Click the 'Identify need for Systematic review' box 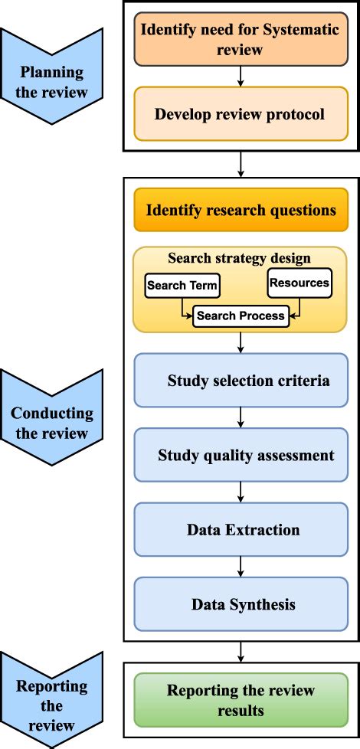[241, 39]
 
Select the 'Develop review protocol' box [241, 114]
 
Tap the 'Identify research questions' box [241, 210]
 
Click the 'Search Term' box [182, 286]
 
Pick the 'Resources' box [299, 283]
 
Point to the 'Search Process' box [240, 315]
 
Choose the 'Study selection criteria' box [241, 380]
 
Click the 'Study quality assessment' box [241, 455]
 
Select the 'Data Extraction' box [241, 530]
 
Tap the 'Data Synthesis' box [241, 604]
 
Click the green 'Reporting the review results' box [241, 700]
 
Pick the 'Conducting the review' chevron [51, 423]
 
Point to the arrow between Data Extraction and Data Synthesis [241, 567]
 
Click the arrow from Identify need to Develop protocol [241, 77]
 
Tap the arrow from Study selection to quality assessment [241, 417]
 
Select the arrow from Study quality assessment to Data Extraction [241, 492]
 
